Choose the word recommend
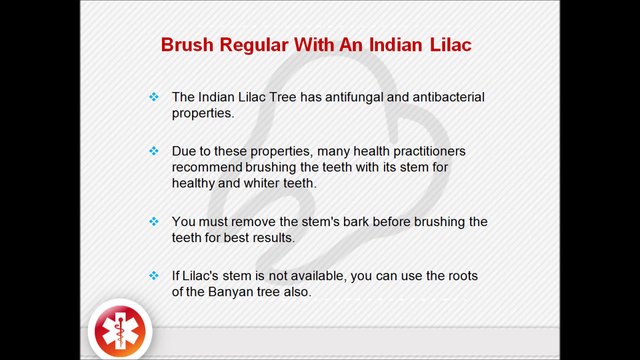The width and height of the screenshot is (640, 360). point(208,167)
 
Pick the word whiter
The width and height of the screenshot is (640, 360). point(262,183)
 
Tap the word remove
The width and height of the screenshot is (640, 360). point(252,221)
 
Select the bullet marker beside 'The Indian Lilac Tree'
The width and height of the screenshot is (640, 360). point(154,97)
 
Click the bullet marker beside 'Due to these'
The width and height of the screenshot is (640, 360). point(154,151)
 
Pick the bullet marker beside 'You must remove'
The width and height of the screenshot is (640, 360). point(154,221)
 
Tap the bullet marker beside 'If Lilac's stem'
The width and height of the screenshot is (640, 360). point(154,275)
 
